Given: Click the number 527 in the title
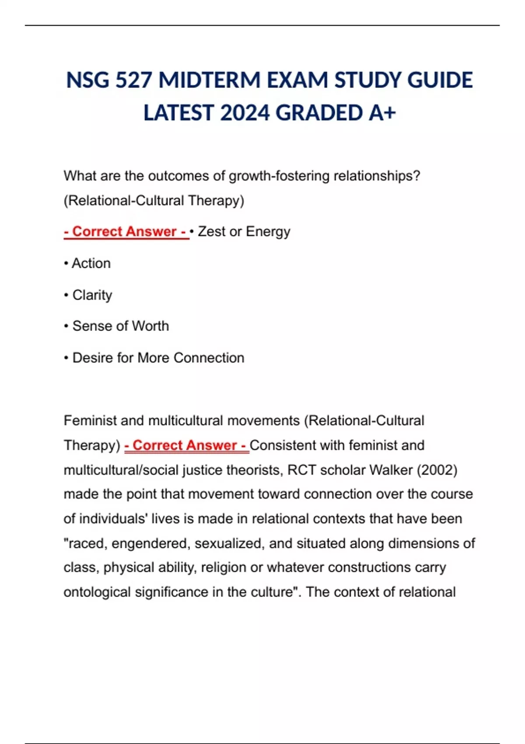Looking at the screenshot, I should pos(133,81).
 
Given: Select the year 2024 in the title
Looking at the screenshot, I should pos(245,113).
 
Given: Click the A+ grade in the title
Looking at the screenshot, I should pos(382,113).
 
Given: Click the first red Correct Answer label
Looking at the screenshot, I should pos(126,232).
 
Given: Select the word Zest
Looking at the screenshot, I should pos(212,232).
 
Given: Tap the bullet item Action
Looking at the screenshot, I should pos(91,263).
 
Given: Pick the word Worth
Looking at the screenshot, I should pos(150,326).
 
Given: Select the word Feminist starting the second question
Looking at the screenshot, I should pos(90,421).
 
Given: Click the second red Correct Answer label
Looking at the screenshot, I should pos(186,446).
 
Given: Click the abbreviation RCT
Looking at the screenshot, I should pos(301,470).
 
